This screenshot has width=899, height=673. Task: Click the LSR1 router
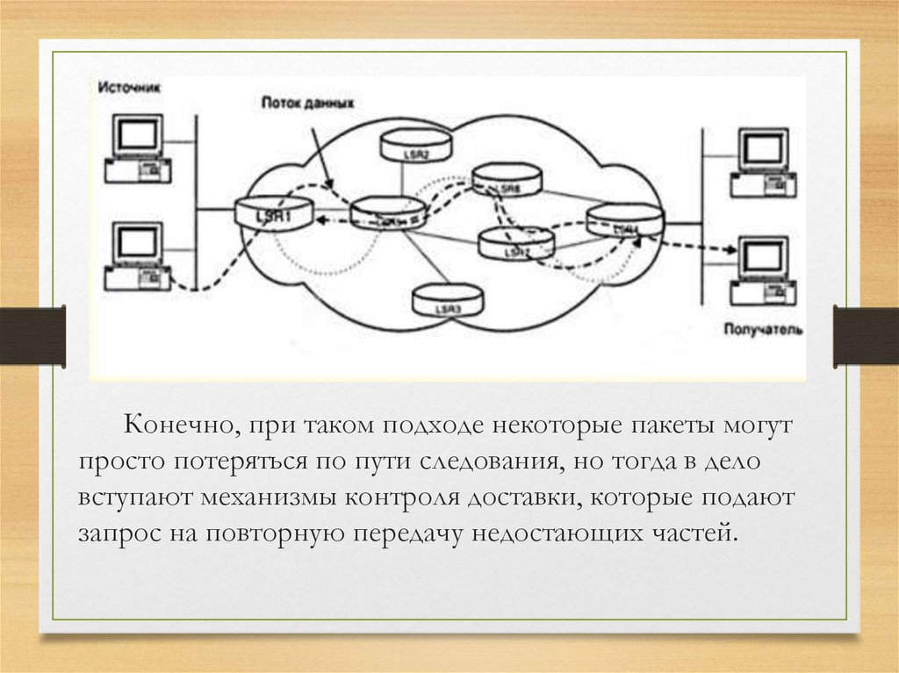tap(273, 214)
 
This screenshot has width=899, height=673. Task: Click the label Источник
tap(129, 88)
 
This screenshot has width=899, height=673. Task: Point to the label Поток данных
tap(307, 103)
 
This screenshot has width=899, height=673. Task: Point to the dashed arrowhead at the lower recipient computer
tap(730, 250)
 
